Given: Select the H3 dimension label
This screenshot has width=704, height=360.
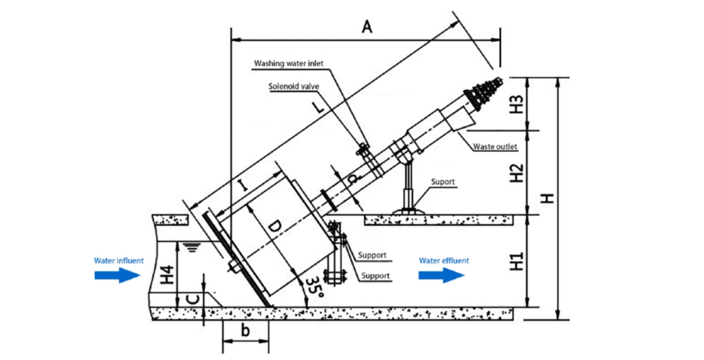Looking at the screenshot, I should tap(517, 104).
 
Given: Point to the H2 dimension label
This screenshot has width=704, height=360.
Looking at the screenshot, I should tap(517, 172).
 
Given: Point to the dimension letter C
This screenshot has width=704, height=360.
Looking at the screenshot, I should tap(195, 298).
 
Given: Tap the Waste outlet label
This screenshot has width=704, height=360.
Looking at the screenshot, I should tap(495, 146).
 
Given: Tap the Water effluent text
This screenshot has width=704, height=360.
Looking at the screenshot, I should tap(444, 260).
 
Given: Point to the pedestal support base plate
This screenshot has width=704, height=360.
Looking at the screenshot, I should tap(406, 211).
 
